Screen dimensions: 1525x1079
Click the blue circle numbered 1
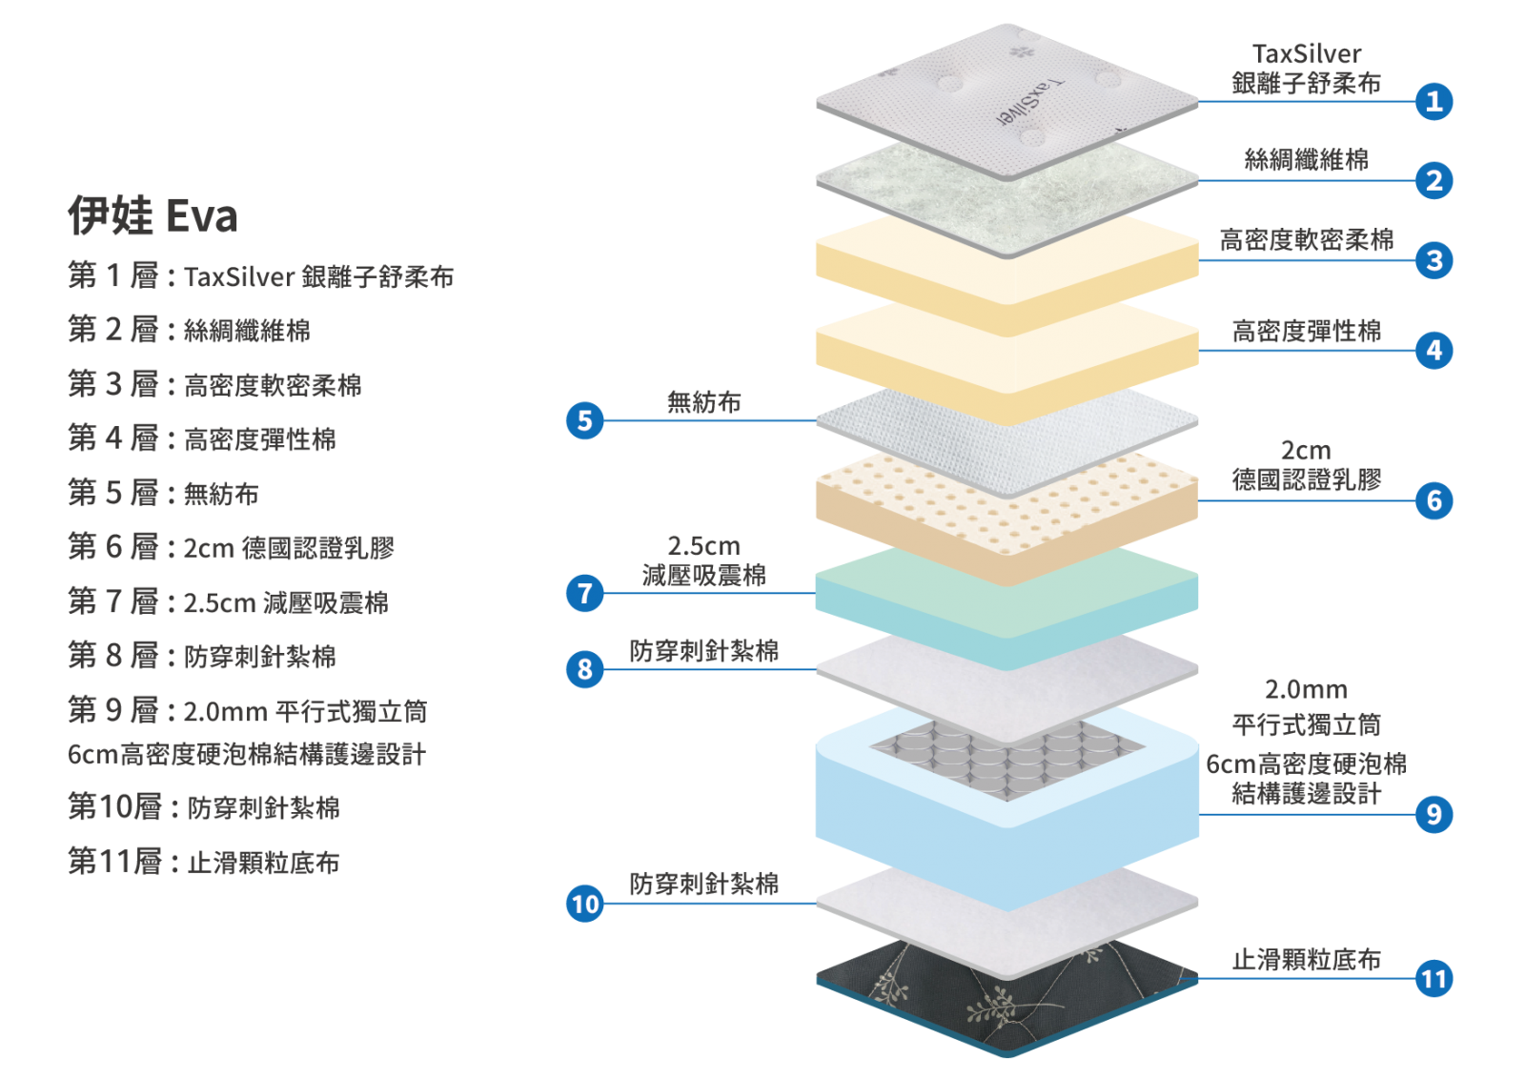pos(1433,101)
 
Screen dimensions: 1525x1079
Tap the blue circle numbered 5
pos(585,420)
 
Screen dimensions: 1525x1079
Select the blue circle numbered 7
pos(585,593)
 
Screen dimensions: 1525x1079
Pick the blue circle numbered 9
pos(1433,814)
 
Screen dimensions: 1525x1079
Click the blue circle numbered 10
pos(585,904)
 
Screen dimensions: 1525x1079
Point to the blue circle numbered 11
pos(1433,978)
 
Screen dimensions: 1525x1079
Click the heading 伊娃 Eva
pos(153,215)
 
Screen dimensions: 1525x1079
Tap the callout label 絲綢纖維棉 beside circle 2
pos(1306,159)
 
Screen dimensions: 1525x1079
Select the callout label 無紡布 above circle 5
pos(704,402)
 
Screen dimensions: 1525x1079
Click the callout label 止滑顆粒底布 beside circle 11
pos(1306,959)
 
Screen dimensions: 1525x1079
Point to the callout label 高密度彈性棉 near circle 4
pos(1306,331)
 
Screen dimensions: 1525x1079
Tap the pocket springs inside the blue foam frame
pos(1006,757)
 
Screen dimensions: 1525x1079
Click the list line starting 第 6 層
pos(231,547)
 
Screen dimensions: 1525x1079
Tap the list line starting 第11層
pos(204,862)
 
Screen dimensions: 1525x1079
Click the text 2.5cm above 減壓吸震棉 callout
pos(703,545)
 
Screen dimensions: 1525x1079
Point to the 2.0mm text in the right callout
pos(1306,689)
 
